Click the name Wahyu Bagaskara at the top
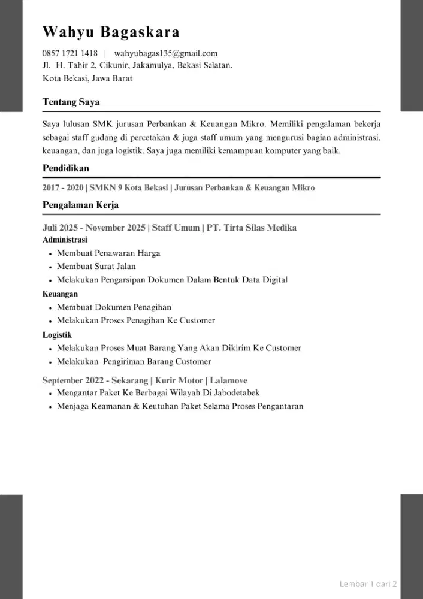(111, 32)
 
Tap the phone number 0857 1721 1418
(70, 53)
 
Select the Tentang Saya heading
(71, 102)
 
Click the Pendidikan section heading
(66, 169)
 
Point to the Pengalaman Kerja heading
(80, 205)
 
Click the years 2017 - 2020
(63, 188)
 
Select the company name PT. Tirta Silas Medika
(251, 228)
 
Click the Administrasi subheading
(65, 240)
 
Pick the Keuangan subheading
(60, 294)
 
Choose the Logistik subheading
(58, 335)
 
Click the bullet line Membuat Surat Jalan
(96, 267)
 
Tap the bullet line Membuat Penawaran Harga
(108, 253)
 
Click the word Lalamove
(229, 380)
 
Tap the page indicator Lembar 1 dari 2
(368, 584)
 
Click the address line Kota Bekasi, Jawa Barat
(87, 78)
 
